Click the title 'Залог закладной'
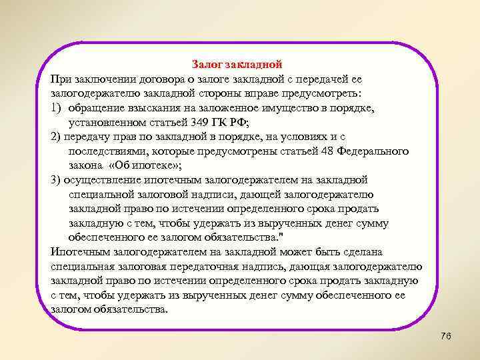tap(237, 65)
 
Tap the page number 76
tap(446, 336)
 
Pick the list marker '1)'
tap(57, 107)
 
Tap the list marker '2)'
tap(57, 137)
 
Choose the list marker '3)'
tap(57, 180)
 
